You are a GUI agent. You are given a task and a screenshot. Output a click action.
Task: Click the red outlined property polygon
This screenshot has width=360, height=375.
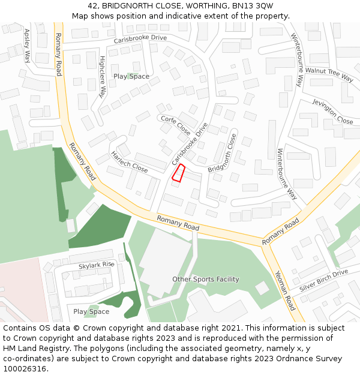click(178, 173)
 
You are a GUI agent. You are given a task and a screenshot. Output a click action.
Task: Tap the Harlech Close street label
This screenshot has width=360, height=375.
click(129, 161)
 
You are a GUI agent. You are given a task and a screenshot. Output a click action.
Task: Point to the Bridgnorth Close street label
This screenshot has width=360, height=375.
click(223, 153)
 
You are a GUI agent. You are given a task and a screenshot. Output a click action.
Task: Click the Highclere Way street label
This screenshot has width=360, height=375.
click(103, 77)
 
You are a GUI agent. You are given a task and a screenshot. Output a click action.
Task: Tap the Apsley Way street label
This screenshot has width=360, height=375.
click(27, 47)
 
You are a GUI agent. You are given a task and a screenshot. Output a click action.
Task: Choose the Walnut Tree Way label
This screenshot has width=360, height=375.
click(329, 74)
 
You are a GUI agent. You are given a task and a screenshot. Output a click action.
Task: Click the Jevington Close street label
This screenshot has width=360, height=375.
click(333, 112)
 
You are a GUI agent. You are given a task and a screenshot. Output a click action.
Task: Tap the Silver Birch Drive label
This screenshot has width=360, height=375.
click(324, 280)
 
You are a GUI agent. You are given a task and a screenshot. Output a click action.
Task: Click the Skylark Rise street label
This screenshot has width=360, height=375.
click(96, 265)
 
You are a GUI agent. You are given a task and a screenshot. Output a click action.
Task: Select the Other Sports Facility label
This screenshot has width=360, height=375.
click(206, 279)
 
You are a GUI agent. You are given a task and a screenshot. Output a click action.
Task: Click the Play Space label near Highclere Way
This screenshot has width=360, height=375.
click(131, 76)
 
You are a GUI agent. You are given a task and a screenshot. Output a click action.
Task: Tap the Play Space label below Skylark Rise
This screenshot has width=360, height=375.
click(91, 311)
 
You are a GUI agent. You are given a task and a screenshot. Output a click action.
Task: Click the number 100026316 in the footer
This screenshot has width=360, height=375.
click(25, 368)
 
